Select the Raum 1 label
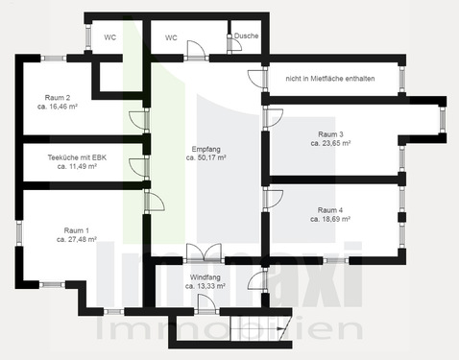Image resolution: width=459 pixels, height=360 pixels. pos(77,230)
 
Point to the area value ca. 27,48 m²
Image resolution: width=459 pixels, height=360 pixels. pos(77,240)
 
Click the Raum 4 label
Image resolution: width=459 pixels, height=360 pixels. pos(330,209)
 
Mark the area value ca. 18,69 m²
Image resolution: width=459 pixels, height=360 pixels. pos(330,219)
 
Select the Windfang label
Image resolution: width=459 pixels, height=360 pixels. pos(206,276)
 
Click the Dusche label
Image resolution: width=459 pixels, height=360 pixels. pos(247,37)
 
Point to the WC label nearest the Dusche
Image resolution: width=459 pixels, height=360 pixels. pos(171,37)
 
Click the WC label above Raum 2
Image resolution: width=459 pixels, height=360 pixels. pos(110,37)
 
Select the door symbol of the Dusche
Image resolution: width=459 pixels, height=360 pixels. pos(230,41)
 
